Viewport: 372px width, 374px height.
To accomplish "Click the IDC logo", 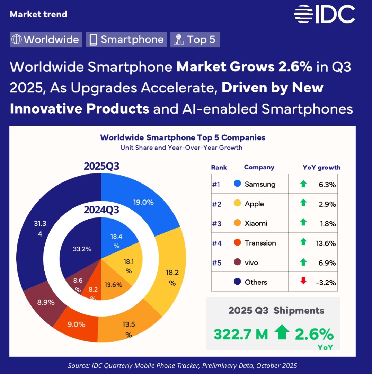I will pos(324,15).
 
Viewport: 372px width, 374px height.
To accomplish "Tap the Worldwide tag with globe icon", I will pos(46,39).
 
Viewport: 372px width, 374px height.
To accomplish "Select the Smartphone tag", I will pos(126,39).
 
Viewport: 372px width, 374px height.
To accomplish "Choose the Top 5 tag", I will pos(195,39).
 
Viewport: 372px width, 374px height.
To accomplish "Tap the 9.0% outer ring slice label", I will pos(76,324).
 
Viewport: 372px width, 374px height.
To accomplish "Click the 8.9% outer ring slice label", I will pos(46,302).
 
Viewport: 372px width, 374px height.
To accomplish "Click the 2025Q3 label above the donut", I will pos(101,167).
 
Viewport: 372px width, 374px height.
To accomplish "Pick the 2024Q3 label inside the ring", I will pos(101,210).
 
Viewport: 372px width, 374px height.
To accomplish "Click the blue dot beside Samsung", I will pos(237,184).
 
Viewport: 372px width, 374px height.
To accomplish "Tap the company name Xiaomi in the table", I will pos(256,223).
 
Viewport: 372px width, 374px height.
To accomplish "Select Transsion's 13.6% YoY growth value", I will pos(326,243).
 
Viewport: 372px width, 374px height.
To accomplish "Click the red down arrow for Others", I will pos(303,281).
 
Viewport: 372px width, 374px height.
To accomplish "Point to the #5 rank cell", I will pos(216,263).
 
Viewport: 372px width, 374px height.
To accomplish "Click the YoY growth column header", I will pos(321,168).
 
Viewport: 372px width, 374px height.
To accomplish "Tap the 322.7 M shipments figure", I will pos(241,334).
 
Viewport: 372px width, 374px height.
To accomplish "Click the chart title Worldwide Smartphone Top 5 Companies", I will pos(183,137).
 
